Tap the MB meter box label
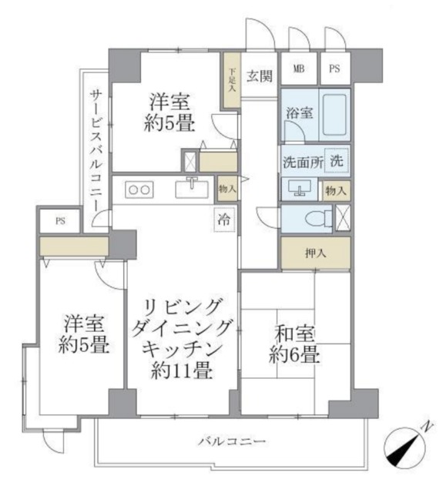pos(298,69)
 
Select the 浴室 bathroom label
pos(300,113)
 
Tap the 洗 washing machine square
pos(337,162)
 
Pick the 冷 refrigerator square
pos(224,217)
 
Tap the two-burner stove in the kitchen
pos(139,189)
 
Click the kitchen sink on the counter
pos(191,187)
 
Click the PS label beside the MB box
pos(334,69)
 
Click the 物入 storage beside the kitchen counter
pos(227,189)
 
